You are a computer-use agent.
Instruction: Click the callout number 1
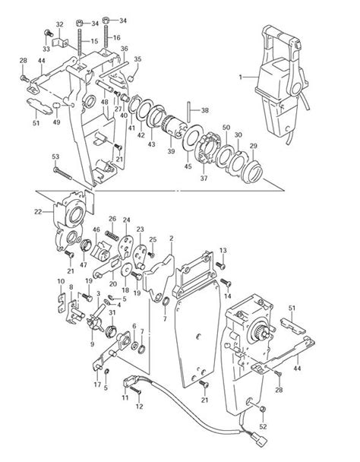[x=242, y=77]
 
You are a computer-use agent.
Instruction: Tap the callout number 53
[x=55, y=157]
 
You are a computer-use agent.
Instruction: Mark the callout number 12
[x=138, y=405]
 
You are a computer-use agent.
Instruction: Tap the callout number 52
[x=263, y=426]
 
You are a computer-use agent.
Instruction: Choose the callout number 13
[x=223, y=250]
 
